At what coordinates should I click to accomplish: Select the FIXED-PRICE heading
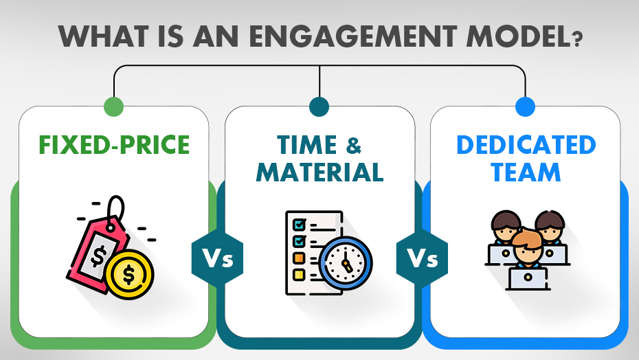114,146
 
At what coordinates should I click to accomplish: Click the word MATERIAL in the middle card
319,172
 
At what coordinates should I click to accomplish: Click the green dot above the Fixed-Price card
113,106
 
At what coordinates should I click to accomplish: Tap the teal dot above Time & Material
319,106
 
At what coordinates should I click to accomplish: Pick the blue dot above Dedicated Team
525,106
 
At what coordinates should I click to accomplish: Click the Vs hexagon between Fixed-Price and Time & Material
217,261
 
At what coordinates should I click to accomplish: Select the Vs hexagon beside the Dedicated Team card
423,261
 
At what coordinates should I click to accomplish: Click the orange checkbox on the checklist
299,258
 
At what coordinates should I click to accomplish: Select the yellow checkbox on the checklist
299,275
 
